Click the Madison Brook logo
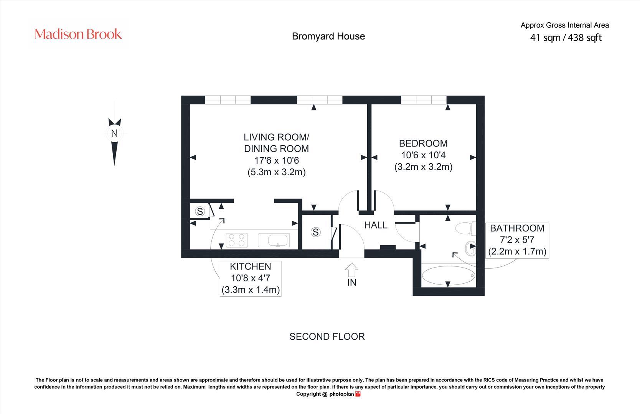click(x=78, y=34)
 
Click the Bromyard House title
click(x=328, y=36)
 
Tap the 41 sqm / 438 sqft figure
click(x=566, y=38)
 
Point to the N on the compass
click(x=114, y=133)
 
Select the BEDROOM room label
click(x=423, y=143)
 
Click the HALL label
click(x=376, y=225)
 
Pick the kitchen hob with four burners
click(x=237, y=240)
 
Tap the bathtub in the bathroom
click(x=448, y=276)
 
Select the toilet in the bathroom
click(x=465, y=229)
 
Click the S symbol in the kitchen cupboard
click(x=200, y=211)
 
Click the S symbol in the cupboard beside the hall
click(x=315, y=232)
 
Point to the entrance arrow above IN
click(x=352, y=270)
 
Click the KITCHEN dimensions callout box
click(x=251, y=278)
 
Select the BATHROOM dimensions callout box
click(x=517, y=240)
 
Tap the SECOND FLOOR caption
click(x=327, y=337)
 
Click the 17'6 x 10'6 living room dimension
click(x=276, y=160)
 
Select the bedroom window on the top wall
click(x=424, y=100)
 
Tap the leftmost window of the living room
click(x=228, y=100)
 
